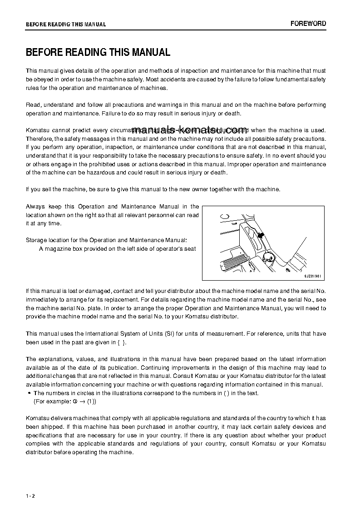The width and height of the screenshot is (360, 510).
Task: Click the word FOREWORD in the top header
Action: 308,24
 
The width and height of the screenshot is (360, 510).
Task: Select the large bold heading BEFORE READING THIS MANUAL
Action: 98,53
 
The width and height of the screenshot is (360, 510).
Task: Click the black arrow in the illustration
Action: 261,235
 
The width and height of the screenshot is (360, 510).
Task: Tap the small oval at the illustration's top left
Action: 224,216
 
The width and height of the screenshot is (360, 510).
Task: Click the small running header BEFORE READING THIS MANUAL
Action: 66,25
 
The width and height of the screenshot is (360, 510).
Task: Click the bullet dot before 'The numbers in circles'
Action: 29,393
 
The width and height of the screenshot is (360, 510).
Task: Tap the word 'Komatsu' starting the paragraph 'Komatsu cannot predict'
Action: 38,130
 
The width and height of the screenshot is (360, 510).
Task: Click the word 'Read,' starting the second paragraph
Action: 34,105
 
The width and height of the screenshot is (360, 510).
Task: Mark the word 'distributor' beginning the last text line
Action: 40,452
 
